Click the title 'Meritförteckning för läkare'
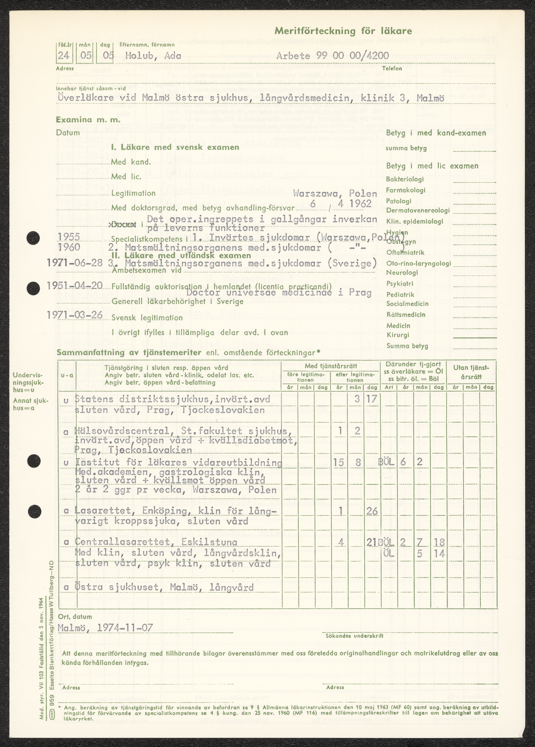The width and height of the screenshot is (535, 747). pyautogui.click(x=343, y=31)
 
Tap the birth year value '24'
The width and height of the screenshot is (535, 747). pyautogui.click(x=64, y=55)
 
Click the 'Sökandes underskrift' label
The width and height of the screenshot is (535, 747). pyautogui.click(x=354, y=636)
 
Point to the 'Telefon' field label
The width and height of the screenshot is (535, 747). pyautogui.click(x=392, y=69)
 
